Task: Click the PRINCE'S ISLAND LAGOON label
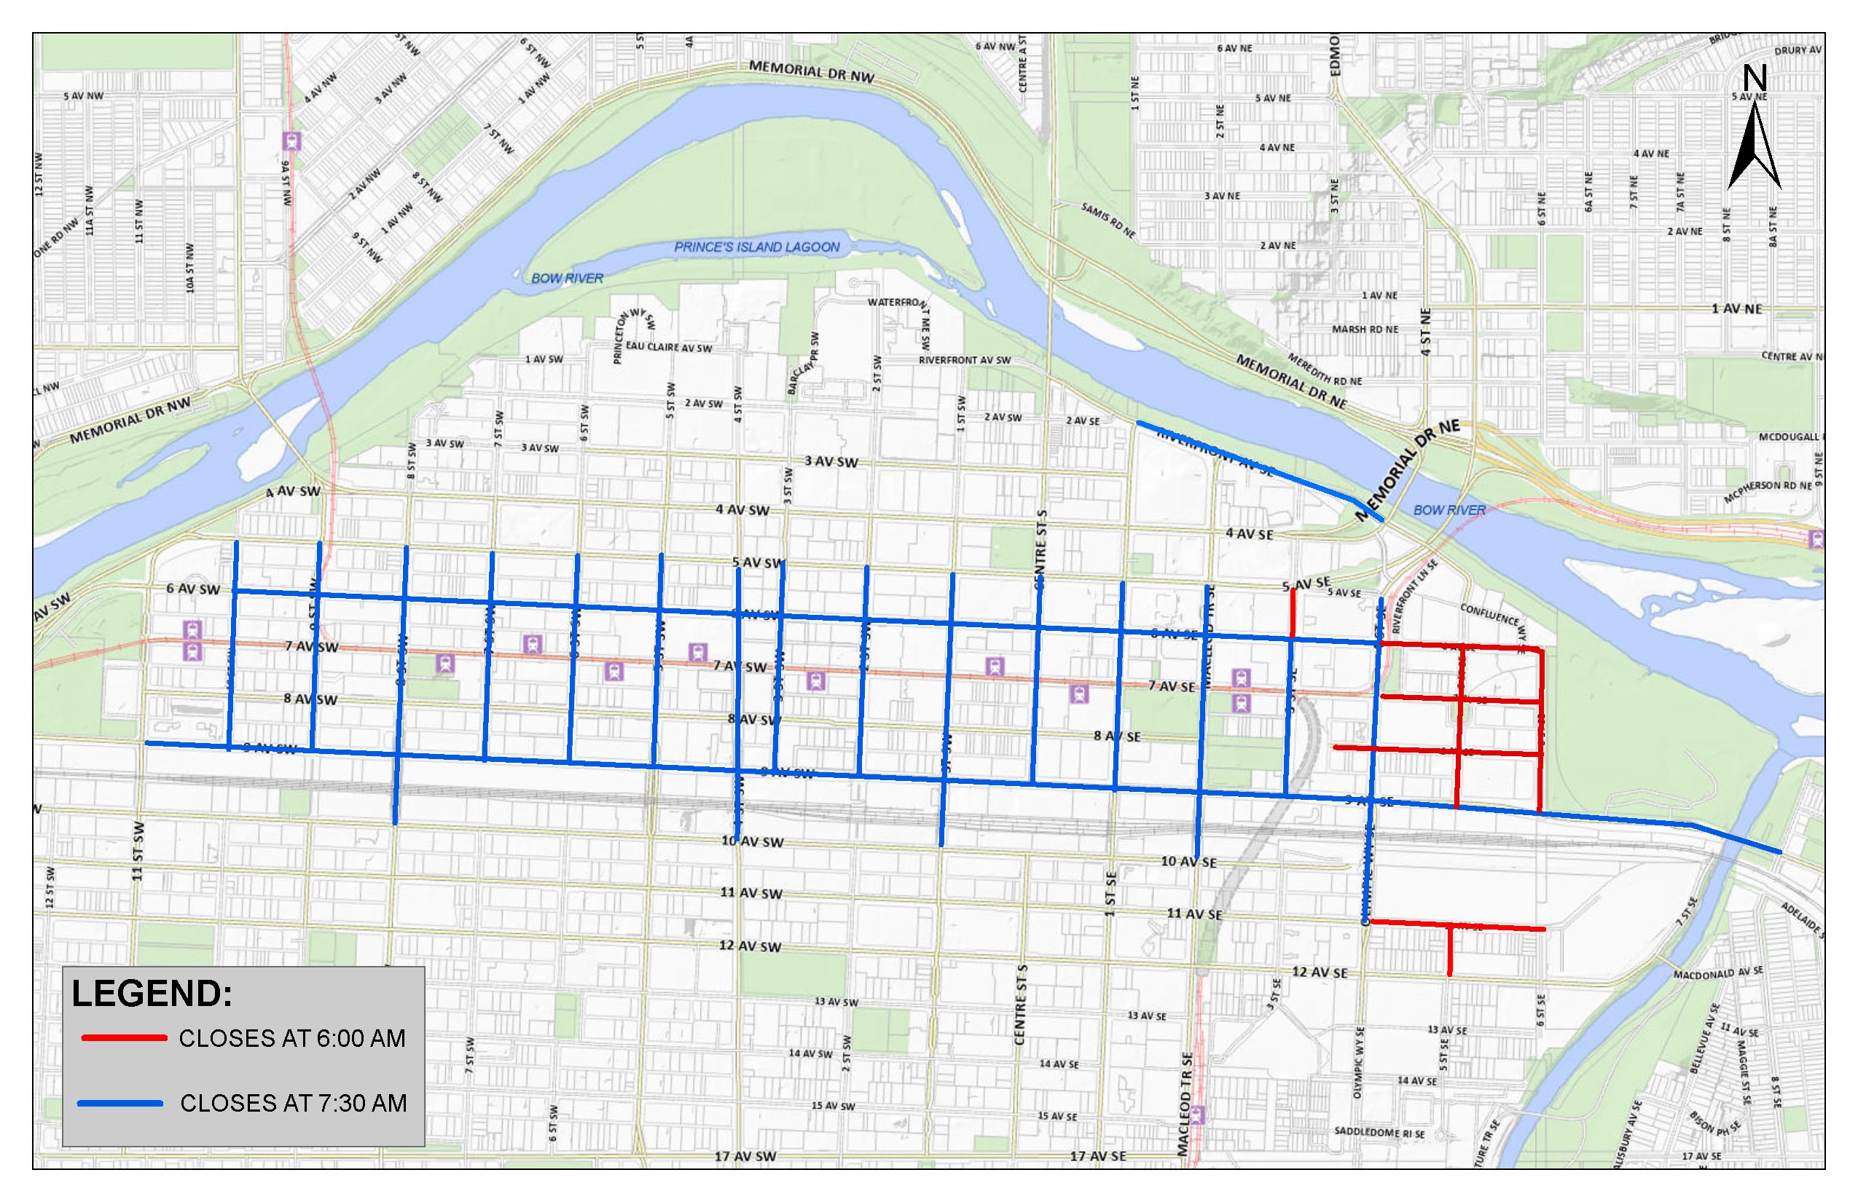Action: point(756,247)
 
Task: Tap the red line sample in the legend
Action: point(124,1038)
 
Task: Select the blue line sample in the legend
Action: point(120,1103)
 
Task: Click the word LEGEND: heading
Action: point(152,994)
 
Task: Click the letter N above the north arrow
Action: point(1755,78)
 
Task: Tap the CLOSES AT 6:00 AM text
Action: point(292,1038)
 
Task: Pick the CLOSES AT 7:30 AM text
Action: point(294,1103)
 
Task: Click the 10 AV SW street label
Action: point(752,841)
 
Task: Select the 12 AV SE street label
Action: point(1320,972)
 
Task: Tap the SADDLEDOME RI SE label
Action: point(1379,1133)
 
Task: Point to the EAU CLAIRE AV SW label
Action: point(668,347)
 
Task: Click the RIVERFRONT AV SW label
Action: point(964,360)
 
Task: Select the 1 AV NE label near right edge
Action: point(1736,308)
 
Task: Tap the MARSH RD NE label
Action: point(1364,329)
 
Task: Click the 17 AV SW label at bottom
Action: point(745,1156)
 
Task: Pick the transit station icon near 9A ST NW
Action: point(292,141)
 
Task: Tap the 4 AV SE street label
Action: point(1249,534)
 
